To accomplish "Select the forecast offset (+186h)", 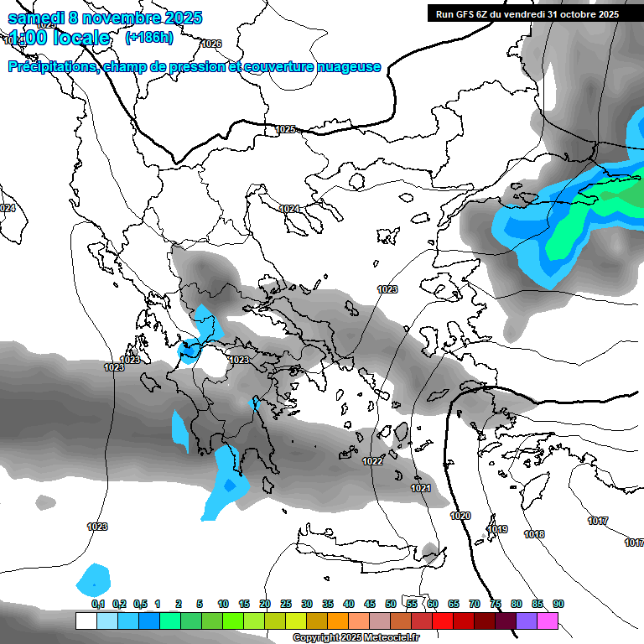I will pos(149,37).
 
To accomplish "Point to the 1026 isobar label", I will pos(212,44).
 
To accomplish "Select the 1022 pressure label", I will pos(373,462).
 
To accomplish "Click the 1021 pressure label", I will pos(421,488).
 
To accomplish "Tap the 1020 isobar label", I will pos(460,516).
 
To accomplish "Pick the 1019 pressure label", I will pos(497,529).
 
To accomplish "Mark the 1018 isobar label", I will pos(534,534).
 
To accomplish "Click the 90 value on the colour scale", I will pos(558,604).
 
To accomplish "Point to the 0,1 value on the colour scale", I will pos(98,604).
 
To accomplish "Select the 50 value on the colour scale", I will pos(391,604).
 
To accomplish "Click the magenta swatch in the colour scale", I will pos(548,621).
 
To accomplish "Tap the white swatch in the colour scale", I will pos(86,621).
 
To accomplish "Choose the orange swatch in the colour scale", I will pos(338,621).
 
